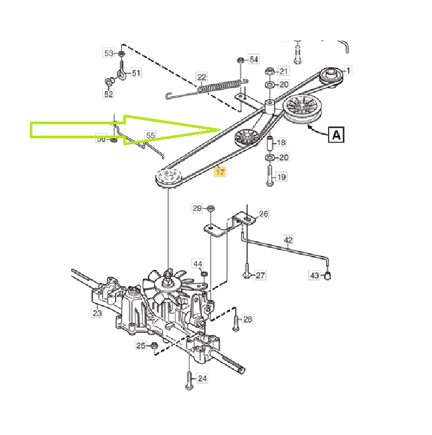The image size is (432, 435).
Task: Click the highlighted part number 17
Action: [x=220, y=172]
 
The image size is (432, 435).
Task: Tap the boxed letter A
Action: [x=336, y=134]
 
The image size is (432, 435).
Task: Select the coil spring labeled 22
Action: [x=219, y=86]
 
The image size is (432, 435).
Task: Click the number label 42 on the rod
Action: [x=288, y=239]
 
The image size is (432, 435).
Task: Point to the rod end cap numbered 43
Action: [x=328, y=276]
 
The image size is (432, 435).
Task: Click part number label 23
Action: [x=97, y=312]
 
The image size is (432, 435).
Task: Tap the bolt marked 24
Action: [x=188, y=380]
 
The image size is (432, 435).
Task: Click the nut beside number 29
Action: [x=211, y=209]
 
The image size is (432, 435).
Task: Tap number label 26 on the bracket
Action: [x=263, y=214]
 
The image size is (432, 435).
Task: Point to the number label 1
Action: [x=348, y=70]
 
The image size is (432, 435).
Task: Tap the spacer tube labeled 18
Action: [x=269, y=144]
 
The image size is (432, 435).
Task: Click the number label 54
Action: [x=254, y=59]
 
